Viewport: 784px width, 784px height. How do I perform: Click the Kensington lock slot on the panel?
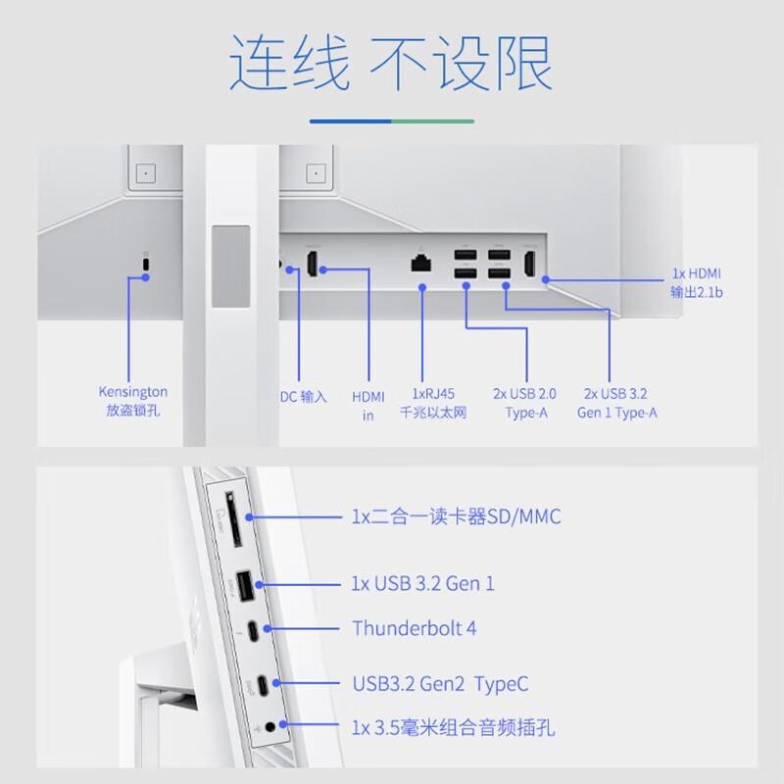click(147, 266)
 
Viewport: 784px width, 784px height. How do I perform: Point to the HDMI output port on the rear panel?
click(530, 264)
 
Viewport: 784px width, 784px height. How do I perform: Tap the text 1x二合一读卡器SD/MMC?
click(456, 516)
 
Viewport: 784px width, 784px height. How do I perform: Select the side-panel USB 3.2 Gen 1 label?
click(422, 584)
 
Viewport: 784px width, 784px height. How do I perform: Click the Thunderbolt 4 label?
click(414, 628)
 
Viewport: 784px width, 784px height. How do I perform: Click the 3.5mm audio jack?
click(269, 726)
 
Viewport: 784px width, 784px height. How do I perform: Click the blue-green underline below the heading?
click(391, 122)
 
